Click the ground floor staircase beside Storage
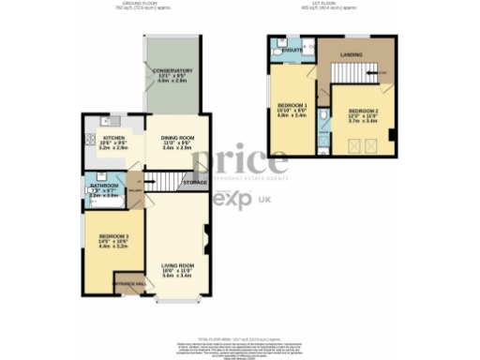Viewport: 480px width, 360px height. pyautogui.click(x=165, y=183)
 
